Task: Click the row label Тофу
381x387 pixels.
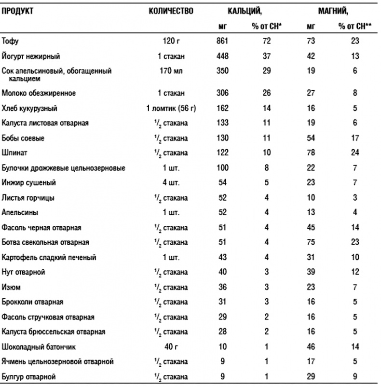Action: [x=10, y=41]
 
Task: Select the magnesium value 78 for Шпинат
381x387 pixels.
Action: [x=311, y=153]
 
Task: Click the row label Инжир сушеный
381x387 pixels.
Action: [x=29, y=183]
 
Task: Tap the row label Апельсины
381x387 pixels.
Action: [x=20, y=212]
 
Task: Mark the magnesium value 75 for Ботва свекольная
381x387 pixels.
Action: [x=311, y=242]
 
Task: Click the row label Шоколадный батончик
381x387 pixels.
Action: [x=39, y=346]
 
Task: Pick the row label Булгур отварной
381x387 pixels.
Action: [x=30, y=376]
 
